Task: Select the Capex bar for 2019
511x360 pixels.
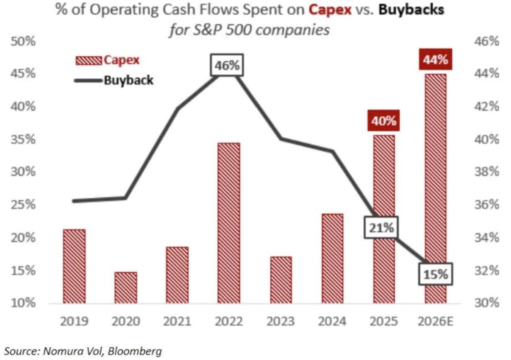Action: coord(74,266)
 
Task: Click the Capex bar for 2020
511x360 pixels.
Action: coord(126,288)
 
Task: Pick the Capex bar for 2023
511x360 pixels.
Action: coord(281,280)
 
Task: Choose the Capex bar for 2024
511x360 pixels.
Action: coord(332,259)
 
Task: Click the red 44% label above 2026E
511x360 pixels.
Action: coord(435,60)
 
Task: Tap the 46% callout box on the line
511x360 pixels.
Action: coord(227,66)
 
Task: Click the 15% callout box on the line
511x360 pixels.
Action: coord(435,274)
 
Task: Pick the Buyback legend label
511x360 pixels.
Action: coord(128,80)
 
